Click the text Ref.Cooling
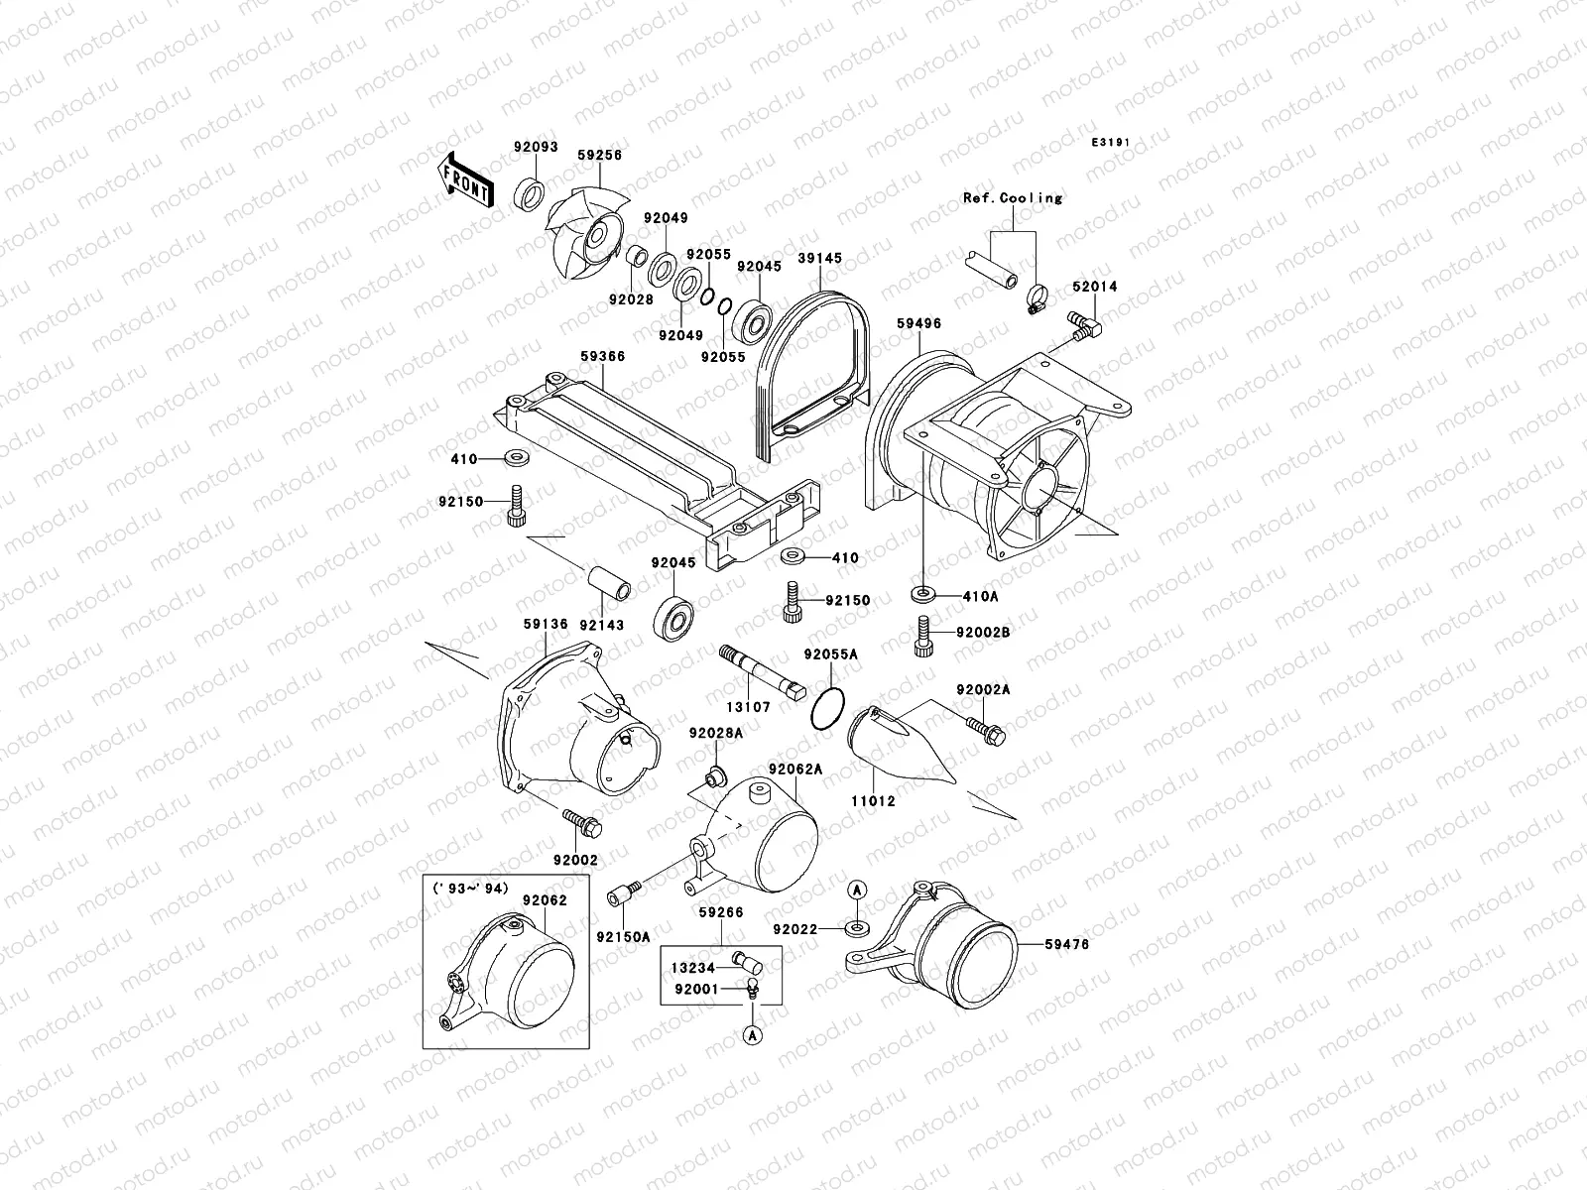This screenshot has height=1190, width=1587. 1012,198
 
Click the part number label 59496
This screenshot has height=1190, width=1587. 918,323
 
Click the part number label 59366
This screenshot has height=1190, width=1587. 602,355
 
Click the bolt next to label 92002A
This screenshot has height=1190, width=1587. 985,730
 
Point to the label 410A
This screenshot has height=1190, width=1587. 979,597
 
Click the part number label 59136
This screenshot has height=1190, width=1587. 546,625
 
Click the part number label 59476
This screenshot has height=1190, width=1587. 1066,945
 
